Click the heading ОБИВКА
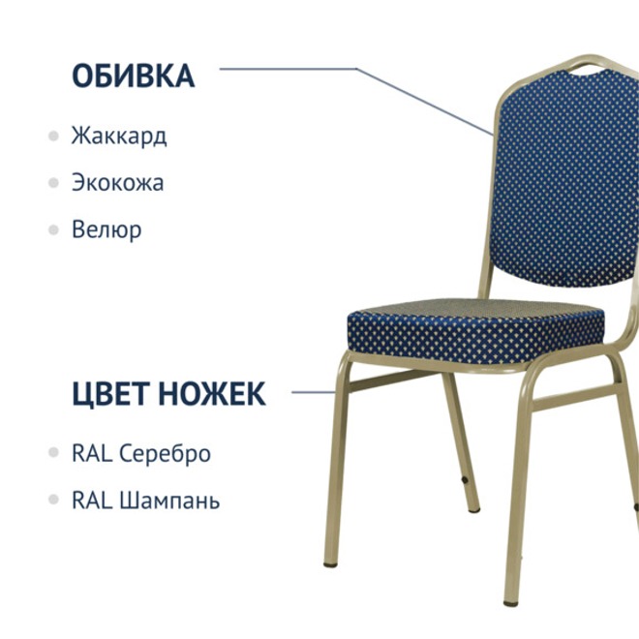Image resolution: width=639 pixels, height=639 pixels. tap(133, 76)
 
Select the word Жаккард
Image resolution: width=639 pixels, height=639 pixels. tap(118, 135)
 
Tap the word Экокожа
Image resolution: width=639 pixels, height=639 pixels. tap(117, 182)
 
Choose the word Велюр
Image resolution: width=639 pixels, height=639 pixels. tap(106, 229)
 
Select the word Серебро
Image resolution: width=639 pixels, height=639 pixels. tap(165, 453)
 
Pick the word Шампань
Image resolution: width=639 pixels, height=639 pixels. tap(169, 501)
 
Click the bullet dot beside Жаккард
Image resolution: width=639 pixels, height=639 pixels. tap(53, 135)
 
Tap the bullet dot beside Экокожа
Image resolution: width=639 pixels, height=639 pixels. tap(53, 182)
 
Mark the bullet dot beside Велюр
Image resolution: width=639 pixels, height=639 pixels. tap(53, 229)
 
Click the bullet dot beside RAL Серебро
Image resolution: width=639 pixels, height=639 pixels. tap(53, 453)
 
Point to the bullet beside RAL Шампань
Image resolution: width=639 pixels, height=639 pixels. tap(53, 501)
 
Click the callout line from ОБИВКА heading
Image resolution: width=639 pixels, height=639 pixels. tap(290, 69)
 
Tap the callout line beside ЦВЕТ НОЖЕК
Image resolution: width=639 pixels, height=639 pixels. tap(313, 392)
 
